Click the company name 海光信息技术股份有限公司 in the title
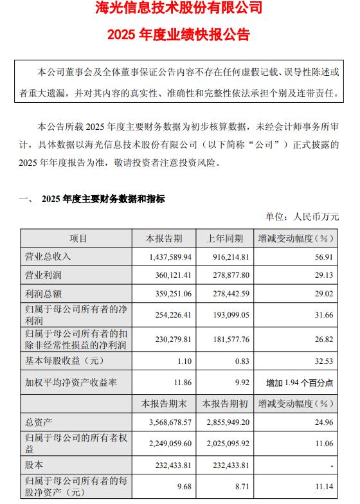tap(179, 10)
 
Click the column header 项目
tap(78, 239)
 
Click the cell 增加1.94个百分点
tap(300, 382)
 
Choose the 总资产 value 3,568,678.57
tap(166, 424)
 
